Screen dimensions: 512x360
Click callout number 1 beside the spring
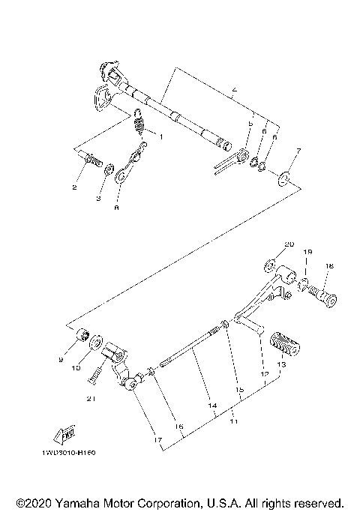pos(158,136)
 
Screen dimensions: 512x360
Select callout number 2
pos(74,187)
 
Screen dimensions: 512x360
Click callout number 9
pos(61,360)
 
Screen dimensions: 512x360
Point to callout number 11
pos(232,422)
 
